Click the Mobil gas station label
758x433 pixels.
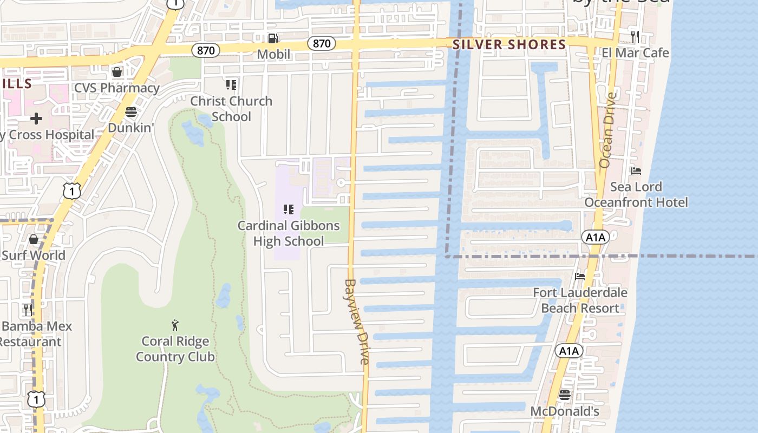[273, 54]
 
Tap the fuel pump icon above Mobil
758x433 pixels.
[273, 38]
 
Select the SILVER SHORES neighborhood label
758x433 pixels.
[509, 44]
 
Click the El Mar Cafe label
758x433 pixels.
[635, 53]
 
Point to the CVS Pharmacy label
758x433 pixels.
[117, 88]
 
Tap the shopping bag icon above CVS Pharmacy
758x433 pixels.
[117, 72]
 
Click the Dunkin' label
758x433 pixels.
[131, 128]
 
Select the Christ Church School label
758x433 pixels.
[231, 109]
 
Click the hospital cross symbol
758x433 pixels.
[36, 119]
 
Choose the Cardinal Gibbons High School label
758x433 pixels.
[289, 233]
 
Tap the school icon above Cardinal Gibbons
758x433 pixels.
[289, 209]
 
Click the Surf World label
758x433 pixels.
[34, 255]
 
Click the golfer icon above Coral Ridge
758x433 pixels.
[175, 325]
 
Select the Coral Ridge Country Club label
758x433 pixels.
[175, 349]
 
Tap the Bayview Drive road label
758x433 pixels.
[357, 322]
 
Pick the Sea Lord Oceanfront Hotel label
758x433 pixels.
[636, 195]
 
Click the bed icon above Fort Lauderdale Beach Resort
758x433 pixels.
[580, 277]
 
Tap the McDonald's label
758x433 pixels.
[564, 411]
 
